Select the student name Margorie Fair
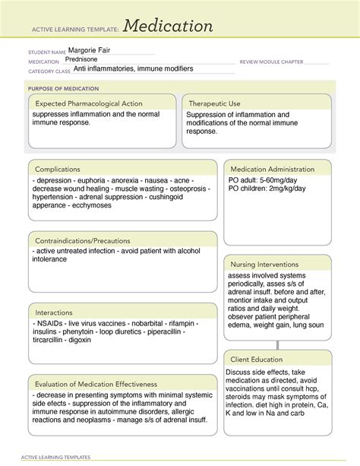click(87, 49)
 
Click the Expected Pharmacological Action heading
click(85, 103)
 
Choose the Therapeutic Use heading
click(215, 103)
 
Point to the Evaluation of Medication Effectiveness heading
click(95, 384)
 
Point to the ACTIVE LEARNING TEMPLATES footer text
click(58, 457)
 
